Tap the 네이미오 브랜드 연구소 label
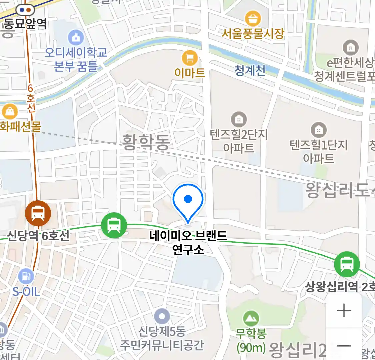coord(188,242)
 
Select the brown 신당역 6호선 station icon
coord(38,213)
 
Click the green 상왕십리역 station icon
coord(347,264)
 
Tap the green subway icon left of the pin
coord(114,226)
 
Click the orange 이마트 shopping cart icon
coord(190,59)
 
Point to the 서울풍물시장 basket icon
coord(253,19)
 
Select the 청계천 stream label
coord(250,70)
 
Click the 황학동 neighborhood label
coord(146,142)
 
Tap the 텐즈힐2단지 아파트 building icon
coord(239,119)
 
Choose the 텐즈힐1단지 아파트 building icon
coord(318,130)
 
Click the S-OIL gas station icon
coord(26,276)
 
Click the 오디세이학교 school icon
coord(76,37)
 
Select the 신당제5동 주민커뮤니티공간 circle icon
coord(162,316)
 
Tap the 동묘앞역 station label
coord(25,24)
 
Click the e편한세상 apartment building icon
coord(350,48)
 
